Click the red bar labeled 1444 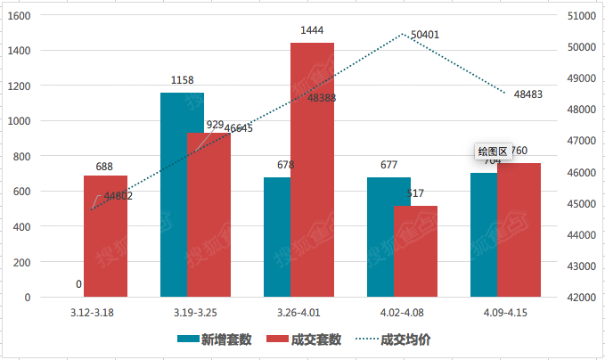(x=312, y=169)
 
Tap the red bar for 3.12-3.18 (x=105, y=236)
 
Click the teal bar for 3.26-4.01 (x=277, y=237)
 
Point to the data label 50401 (x=425, y=35)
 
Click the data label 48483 (x=528, y=94)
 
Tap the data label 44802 (x=119, y=196)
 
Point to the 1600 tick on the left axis (x=19, y=16)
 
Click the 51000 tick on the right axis (x=581, y=16)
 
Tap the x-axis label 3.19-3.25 (x=195, y=314)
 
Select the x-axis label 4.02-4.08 (x=402, y=314)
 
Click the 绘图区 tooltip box (x=492, y=151)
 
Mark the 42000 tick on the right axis (x=581, y=298)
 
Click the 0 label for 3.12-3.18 (x=79, y=285)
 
